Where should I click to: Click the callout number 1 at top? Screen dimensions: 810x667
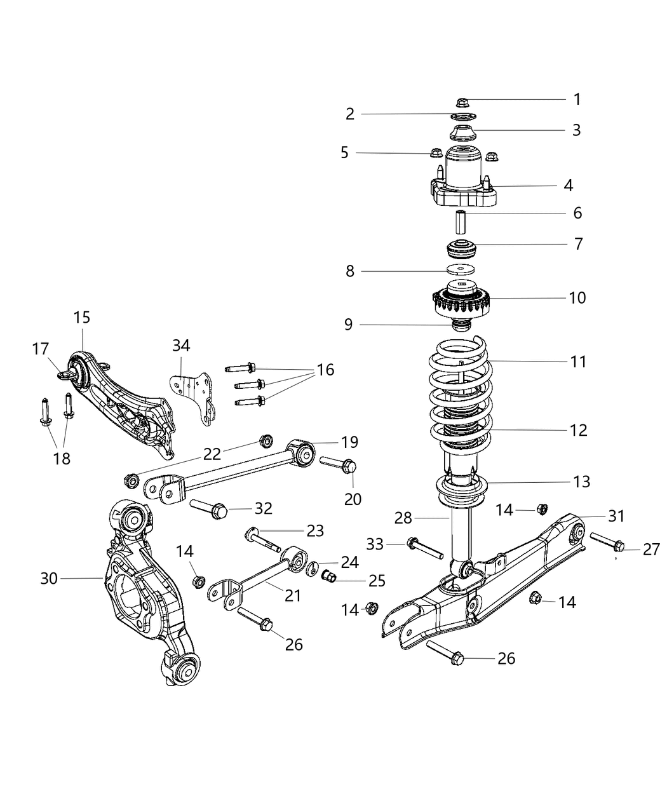(x=577, y=99)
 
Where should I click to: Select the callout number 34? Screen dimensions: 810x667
(x=181, y=346)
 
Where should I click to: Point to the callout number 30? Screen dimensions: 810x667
(x=49, y=578)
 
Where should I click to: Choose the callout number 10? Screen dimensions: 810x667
(x=577, y=297)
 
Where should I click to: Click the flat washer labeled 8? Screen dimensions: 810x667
(x=462, y=269)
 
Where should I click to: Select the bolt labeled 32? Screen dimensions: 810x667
(x=209, y=507)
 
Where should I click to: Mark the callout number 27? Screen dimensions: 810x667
(x=652, y=549)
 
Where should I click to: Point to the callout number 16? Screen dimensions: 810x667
(x=325, y=370)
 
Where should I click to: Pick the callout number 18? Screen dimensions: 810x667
(x=62, y=459)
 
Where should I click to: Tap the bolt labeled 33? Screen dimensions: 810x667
(x=425, y=548)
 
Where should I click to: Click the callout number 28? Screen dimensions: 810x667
(x=403, y=518)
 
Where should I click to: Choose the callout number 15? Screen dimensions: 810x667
(x=82, y=317)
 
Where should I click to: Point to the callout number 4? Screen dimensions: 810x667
(x=569, y=185)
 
